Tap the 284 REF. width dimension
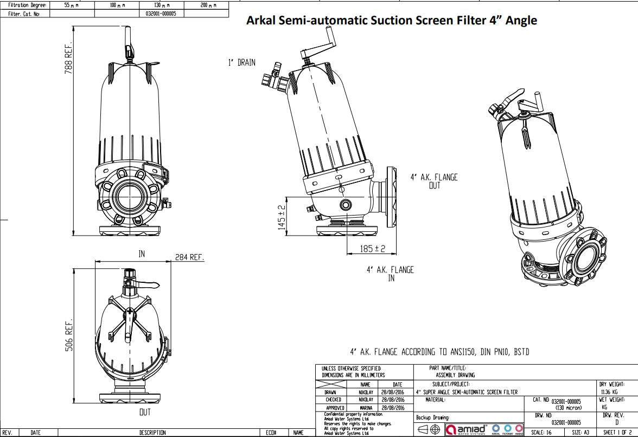click(189, 257)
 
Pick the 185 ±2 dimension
click(372, 249)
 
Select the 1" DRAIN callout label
click(241, 63)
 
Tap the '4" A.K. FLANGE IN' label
click(390, 274)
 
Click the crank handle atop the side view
click(320, 48)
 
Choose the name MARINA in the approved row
click(365, 408)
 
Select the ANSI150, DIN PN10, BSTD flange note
click(439, 352)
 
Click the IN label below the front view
click(142, 254)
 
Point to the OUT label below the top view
click(145, 413)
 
